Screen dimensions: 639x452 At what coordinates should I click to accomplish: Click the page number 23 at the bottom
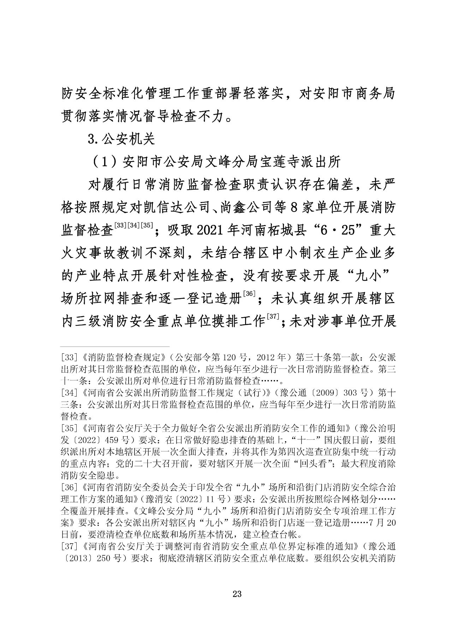237,594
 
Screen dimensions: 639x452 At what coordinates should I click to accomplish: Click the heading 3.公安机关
121,139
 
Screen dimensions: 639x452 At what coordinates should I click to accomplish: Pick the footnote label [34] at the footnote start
68,393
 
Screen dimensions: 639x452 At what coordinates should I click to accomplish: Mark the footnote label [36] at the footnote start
68,489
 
